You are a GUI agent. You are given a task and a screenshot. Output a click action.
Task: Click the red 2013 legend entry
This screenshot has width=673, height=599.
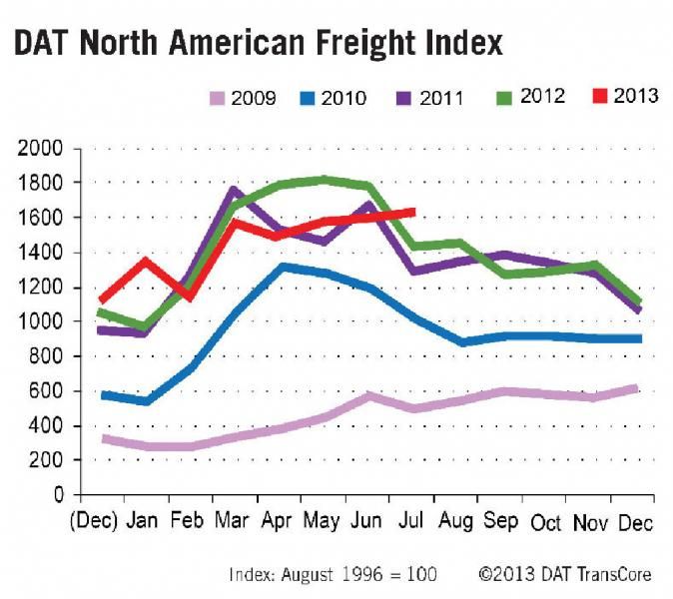[x=623, y=97]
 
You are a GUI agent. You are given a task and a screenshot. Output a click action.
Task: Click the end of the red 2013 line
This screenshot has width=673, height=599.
[x=413, y=212]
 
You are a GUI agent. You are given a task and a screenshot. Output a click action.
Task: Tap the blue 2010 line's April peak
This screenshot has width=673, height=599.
[x=284, y=267]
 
